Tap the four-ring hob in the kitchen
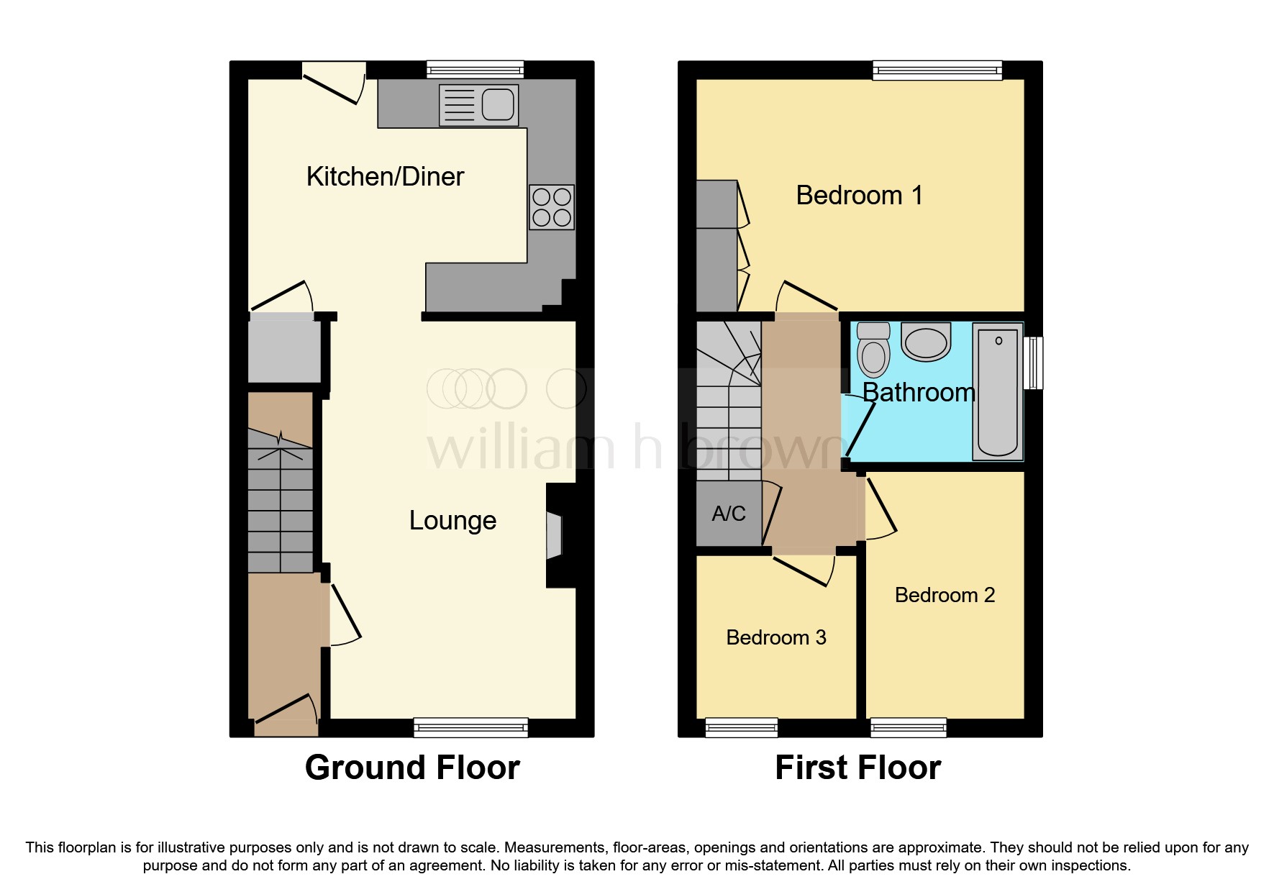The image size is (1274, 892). (x=552, y=207)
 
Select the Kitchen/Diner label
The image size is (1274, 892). (x=385, y=177)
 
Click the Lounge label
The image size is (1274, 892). (x=452, y=521)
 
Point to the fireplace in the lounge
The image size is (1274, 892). (x=555, y=535)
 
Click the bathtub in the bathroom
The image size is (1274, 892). (x=998, y=392)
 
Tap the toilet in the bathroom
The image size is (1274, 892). (x=874, y=350)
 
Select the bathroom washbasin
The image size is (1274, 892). (x=926, y=342)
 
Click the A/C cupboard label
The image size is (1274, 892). (x=729, y=514)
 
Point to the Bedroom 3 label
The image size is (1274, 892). (x=776, y=638)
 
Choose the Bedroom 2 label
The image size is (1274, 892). (x=945, y=596)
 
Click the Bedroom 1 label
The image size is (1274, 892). (x=859, y=196)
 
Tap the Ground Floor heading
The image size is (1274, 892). (x=412, y=768)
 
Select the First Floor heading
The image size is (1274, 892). (x=857, y=768)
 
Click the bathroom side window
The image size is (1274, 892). (x=1033, y=363)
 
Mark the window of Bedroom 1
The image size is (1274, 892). (x=937, y=70)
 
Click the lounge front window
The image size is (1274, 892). (x=470, y=727)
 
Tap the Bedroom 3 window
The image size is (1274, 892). (x=742, y=727)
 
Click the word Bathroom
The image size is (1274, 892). (x=919, y=393)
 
